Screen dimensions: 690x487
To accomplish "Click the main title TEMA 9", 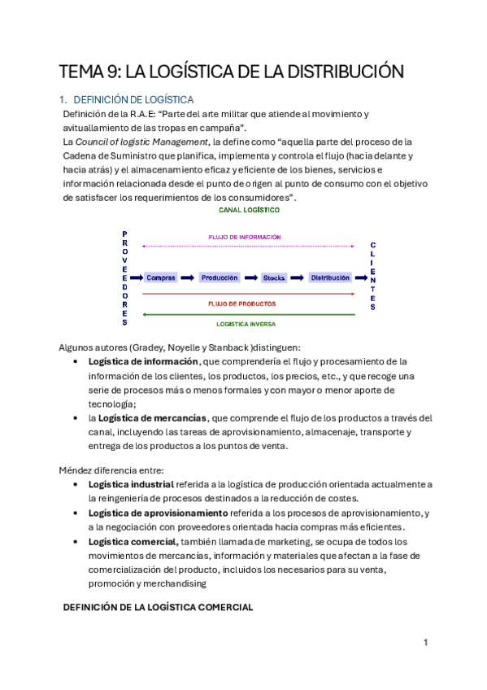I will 232,72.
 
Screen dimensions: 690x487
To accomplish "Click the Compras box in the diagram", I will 161,277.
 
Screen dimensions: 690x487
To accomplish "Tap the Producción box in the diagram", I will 220,277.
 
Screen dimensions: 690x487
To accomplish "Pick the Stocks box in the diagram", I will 274,277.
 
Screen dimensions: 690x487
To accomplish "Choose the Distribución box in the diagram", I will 330,277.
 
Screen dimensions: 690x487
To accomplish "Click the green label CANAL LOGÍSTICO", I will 250,210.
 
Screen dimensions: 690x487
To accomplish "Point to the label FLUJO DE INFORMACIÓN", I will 245,237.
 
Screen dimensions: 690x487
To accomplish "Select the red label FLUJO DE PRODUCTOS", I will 241,304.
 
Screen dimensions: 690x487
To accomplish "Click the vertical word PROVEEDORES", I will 124,273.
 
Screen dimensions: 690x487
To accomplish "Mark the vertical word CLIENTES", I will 373,277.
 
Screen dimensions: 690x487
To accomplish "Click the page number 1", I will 425,643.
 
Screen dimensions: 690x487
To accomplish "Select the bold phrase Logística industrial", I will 131,484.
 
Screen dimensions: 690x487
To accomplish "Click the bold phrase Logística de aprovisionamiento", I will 158,513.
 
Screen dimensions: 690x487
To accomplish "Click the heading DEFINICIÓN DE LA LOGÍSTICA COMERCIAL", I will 158,607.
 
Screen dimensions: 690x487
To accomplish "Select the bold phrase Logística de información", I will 143,361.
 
